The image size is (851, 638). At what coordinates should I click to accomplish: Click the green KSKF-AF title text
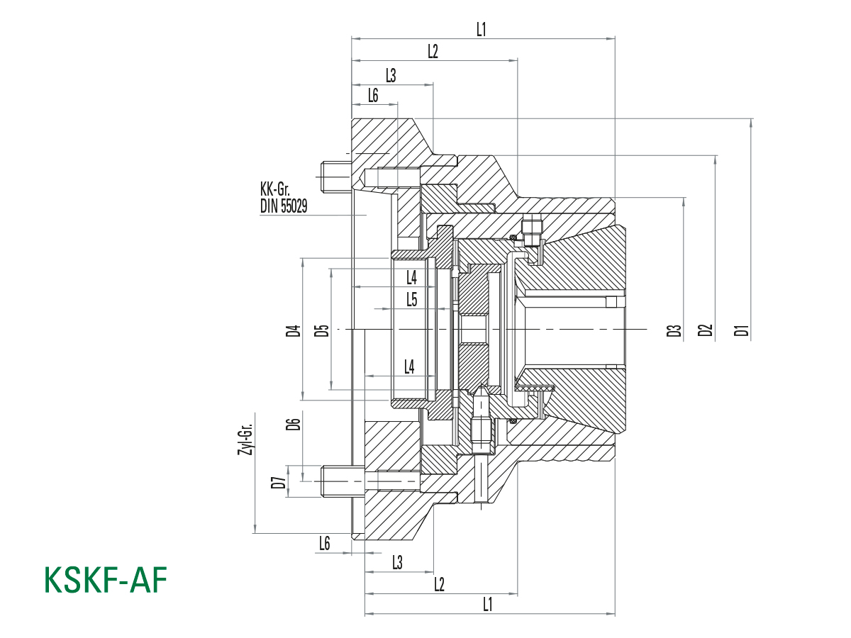[x=106, y=581]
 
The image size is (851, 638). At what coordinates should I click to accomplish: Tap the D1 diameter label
[x=742, y=330]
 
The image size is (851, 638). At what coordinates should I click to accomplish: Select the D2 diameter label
[x=704, y=330]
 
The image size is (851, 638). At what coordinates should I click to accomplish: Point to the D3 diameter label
[x=674, y=330]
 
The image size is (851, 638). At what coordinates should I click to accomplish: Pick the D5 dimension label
[x=322, y=330]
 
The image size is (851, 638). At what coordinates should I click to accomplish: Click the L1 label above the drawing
[x=482, y=30]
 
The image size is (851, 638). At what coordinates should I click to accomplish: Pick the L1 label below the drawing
[x=488, y=604]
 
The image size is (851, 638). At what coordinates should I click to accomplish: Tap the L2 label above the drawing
[x=433, y=52]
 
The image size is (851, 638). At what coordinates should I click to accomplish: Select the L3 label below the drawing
[x=397, y=562]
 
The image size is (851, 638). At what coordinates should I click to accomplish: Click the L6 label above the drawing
[x=373, y=95]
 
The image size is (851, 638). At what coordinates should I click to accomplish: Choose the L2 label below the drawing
[x=438, y=584]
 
